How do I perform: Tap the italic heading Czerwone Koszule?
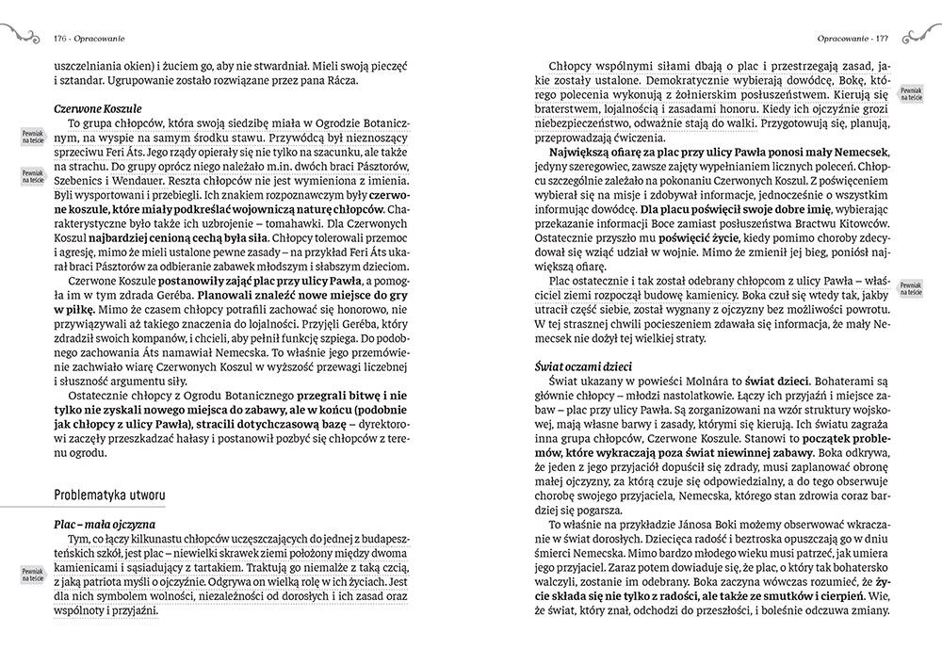coord(98,108)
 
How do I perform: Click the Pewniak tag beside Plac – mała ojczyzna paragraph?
coord(33,576)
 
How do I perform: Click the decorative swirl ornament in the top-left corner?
coord(19,36)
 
